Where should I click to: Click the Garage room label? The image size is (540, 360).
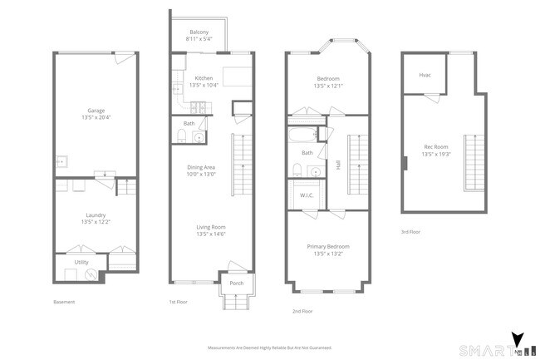(96, 109)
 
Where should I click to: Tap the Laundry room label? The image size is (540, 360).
(96, 215)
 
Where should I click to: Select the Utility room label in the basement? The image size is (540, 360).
(81, 262)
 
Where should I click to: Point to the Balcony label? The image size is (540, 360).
(199, 32)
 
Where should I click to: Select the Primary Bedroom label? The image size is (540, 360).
(327, 247)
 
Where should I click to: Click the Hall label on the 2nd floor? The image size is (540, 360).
(338, 165)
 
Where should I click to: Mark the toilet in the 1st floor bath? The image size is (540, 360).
(184, 137)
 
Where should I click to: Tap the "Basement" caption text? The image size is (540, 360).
(64, 302)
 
